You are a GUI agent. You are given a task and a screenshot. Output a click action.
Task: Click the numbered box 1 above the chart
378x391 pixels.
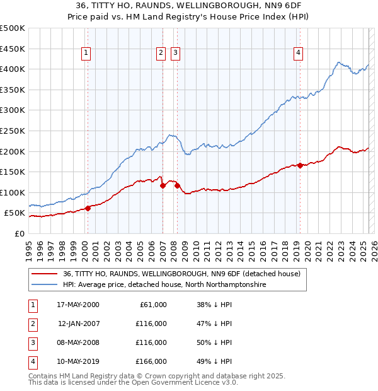point(85,54)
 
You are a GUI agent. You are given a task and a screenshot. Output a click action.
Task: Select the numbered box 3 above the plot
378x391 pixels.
point(175,54)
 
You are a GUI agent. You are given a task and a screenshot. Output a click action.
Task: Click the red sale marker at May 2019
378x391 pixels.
point(300,165)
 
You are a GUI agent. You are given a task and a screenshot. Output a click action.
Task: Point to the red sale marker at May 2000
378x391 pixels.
point(88,209)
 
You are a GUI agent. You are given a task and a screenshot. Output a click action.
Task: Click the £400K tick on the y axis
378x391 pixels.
point(13,69)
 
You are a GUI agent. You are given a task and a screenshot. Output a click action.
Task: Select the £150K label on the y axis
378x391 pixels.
point(13,172)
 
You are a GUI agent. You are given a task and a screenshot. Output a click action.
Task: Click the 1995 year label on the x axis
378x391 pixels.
point(29,246)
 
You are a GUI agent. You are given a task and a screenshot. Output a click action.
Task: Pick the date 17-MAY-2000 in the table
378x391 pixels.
point(77,305)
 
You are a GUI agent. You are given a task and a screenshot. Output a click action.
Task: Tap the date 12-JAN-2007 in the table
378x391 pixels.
point(77,324)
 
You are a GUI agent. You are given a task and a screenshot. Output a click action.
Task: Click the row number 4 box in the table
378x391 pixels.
point(32,361)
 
